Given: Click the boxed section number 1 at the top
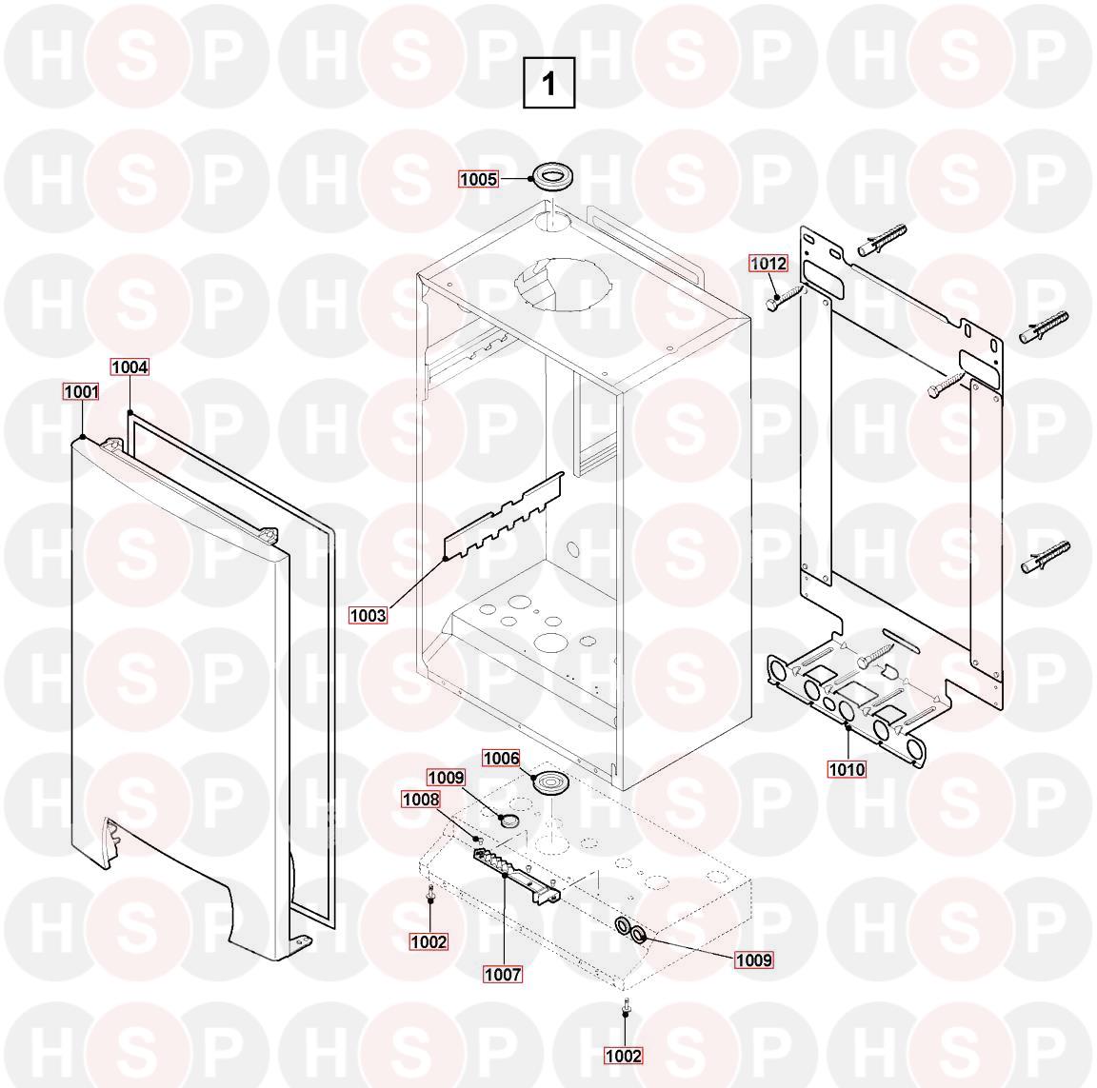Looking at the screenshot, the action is [x=549, y=83].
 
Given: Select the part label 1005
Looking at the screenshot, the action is [x=479, y=179].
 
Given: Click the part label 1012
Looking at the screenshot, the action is [x=768, y=263].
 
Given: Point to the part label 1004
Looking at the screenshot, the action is [x=130, y=366].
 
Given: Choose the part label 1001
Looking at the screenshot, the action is [x=81, y=391].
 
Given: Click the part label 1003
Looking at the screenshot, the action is [x=368, y=615].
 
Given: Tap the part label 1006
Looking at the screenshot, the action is [x=502, y=758].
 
